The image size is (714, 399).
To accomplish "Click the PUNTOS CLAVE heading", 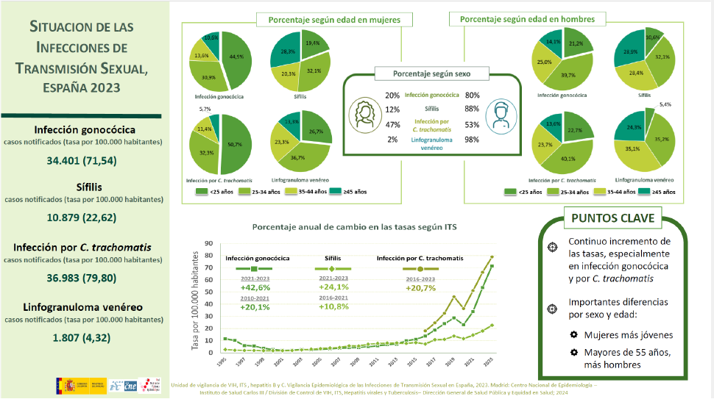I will (613, 218).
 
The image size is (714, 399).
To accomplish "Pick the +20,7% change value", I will (421, 287).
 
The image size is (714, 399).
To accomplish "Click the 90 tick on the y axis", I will (209, 243).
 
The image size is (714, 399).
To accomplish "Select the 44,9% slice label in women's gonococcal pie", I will (237, 56).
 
